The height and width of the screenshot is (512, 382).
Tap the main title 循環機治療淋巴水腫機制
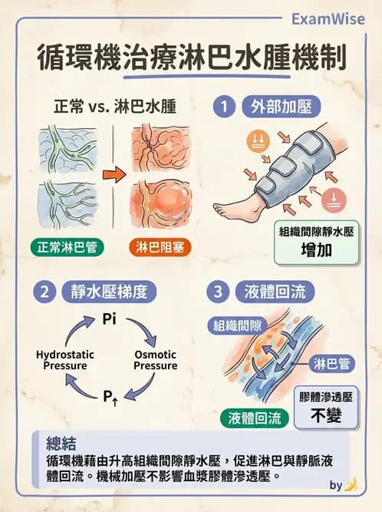[191, 58]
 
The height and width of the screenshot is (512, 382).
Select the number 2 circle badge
[45, 292]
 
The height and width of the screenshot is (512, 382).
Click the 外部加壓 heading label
[275, 107]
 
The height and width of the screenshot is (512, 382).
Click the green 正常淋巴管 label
[63, 248]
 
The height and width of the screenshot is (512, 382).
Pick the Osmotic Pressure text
[155, 360]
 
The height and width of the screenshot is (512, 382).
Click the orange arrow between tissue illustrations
[114, 175]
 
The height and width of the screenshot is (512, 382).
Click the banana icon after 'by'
[351, 485]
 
